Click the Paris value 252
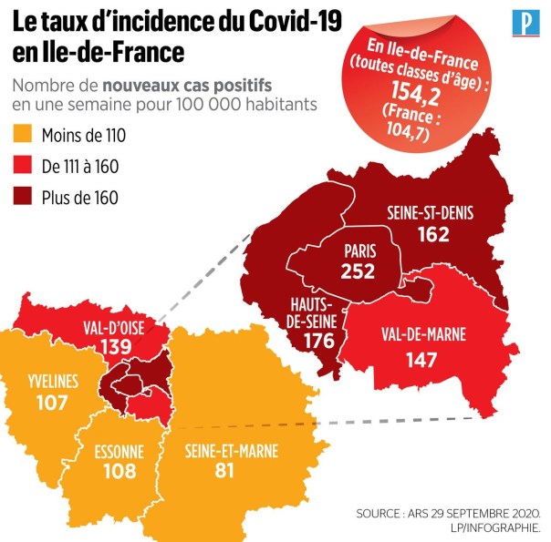[358, 271]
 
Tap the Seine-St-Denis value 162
[433, 235]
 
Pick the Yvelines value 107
[53, 401]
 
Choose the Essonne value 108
[120, 472]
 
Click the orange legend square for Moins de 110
[25, 137]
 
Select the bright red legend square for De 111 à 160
[25, 166]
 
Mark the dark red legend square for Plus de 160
[25, 195]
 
